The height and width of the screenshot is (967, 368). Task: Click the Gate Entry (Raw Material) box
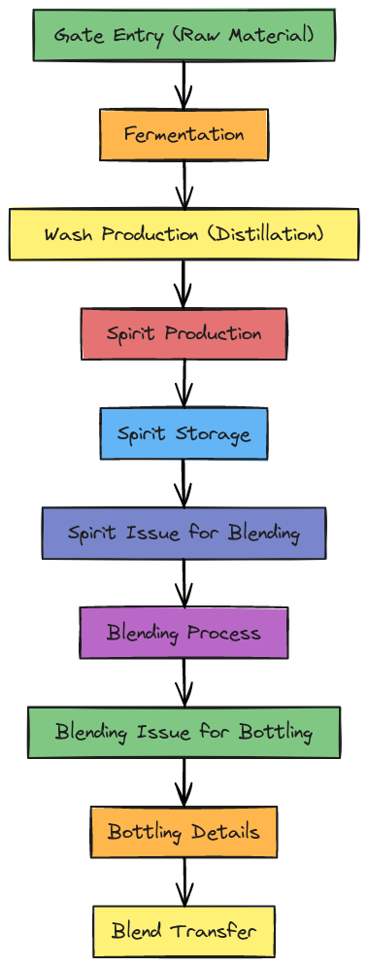pyautogui.click(x=184, y=36)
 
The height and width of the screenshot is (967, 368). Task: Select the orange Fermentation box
pyautogui.click(x=184, y=134)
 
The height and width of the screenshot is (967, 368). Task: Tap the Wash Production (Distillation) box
pyautogui.click(x=184, y=234)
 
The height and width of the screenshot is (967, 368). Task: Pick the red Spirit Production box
pyautogui.click(x=184, y=333)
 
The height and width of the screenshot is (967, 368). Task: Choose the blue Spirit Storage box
pyautogui.click(x=184, y=433)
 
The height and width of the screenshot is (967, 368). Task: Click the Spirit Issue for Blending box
pyautogui.click(x=184, y=533)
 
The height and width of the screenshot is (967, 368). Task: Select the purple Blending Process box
pyautogui.click(x=184, y=633)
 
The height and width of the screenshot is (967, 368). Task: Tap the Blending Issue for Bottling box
pyautogui.click(x=184, y=732)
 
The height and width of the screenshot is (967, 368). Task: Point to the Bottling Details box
pyautogui.click(x=184, y=832)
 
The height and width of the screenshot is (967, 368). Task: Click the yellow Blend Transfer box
pyautogui.click(x=184, y=931)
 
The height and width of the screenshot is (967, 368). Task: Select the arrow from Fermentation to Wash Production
pyautogui.click(x=184, y=185)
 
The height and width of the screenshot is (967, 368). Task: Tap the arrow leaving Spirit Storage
pyautogui.click(x=184, y=483)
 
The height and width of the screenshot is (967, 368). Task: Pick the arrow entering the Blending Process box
pyautogui.click(x=184, y=583)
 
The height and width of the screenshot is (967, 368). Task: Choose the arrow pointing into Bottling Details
pyautogui.click(x=184, y=782)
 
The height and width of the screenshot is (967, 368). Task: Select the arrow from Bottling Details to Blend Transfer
pyautogui.click(x=184, y=881)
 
